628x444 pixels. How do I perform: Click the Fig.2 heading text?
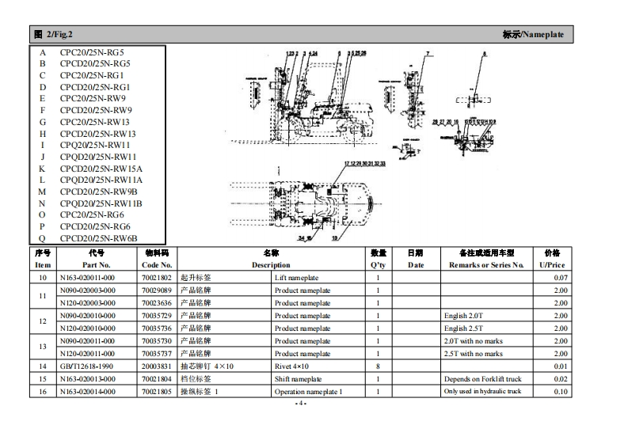55,35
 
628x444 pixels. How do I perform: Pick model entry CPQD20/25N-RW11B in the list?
101,203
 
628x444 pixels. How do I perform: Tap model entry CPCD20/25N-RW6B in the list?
99,238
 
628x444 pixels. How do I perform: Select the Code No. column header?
156,265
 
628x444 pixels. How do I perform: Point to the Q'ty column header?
379,265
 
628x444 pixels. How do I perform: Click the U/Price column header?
552,265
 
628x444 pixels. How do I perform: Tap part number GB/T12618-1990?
86,366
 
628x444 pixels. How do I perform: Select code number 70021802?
156,278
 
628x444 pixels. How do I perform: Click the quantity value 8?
379,366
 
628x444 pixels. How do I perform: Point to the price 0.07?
561,278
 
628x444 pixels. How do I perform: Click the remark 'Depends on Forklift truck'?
482,379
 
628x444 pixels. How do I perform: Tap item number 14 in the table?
43,366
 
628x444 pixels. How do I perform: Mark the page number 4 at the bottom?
299,404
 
